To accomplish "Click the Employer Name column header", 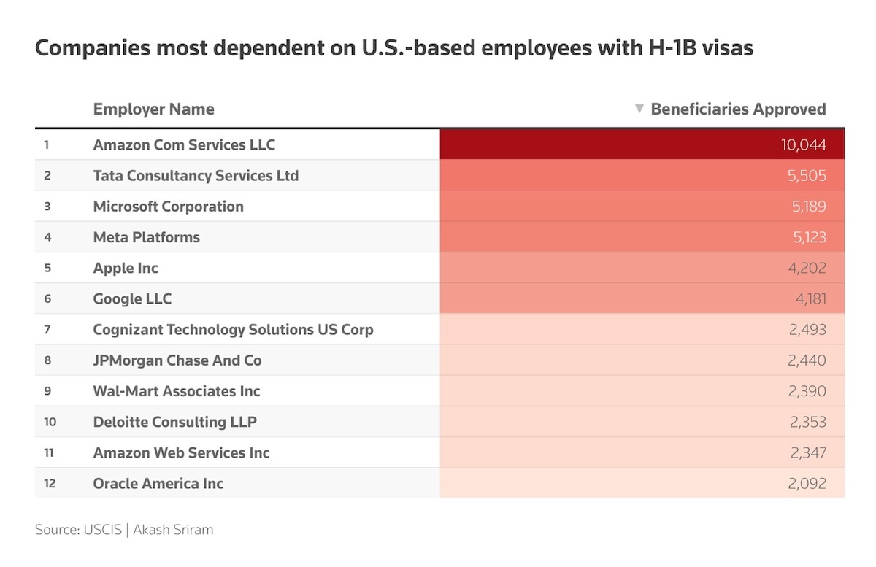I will [x=153, y=109].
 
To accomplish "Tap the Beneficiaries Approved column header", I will [x=738, y=109].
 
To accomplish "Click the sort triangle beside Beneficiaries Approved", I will [x=639, y=109].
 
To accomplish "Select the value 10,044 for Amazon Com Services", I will [x=803, y=145].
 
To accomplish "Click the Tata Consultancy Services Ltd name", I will [x=196, y=176].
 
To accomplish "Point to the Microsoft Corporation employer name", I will [x=168, y=207].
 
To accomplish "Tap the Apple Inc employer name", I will [x=126, y=268].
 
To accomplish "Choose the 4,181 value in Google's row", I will [x=807, y=298].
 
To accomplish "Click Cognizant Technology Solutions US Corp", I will [x=233, y=330].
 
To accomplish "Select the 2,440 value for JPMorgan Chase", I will [x=807, y=360].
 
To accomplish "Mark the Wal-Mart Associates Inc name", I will [x=177, y=391].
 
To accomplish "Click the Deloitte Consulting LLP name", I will [x=174, y=422].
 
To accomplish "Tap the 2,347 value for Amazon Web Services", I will [x=807, y=452].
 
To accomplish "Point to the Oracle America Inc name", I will [x=158, y=483].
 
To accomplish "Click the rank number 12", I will [x=50, y=483].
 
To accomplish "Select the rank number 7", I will [x=47, y=330].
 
